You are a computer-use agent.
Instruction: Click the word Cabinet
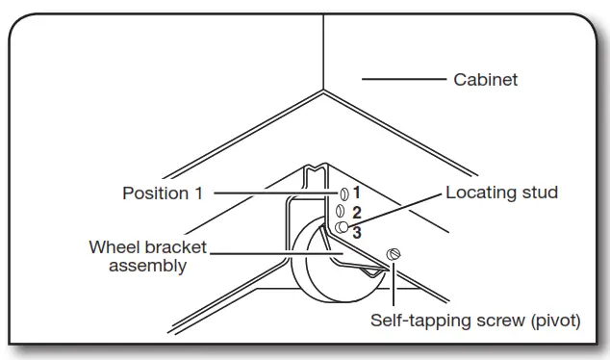point(485,80)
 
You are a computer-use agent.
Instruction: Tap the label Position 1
point(163,193)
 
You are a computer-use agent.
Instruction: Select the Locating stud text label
point(501,193)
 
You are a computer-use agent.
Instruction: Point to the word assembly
point(147,266)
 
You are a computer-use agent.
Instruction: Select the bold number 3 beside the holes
point(356,232)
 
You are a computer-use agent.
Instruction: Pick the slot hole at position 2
point(341,209)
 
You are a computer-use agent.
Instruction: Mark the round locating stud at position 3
point(342,227)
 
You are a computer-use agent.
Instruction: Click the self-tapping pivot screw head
point(393,253)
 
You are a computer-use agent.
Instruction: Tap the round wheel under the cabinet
point(318,270)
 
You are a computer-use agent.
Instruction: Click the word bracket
point(171,247)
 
